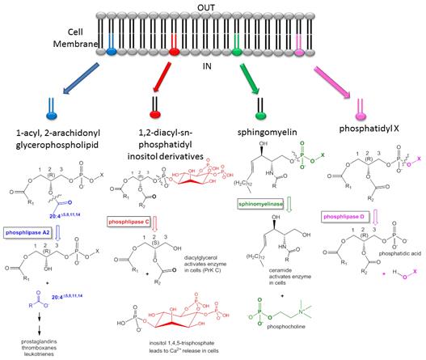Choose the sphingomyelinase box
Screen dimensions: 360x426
(x=242, y=205)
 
